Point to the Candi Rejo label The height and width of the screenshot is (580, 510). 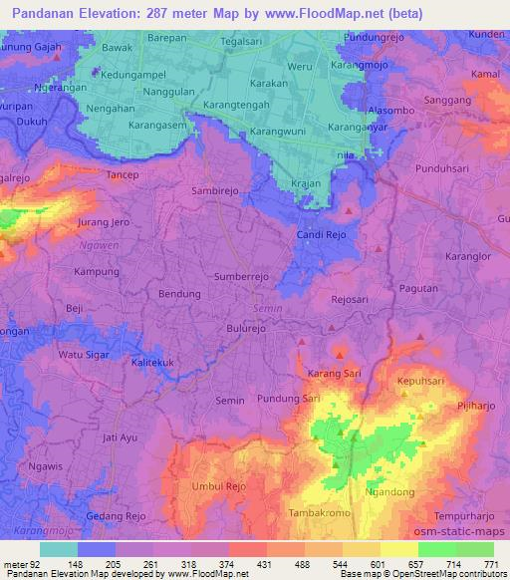321,234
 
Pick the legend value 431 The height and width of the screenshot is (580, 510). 264,564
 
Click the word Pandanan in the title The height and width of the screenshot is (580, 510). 47,14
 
